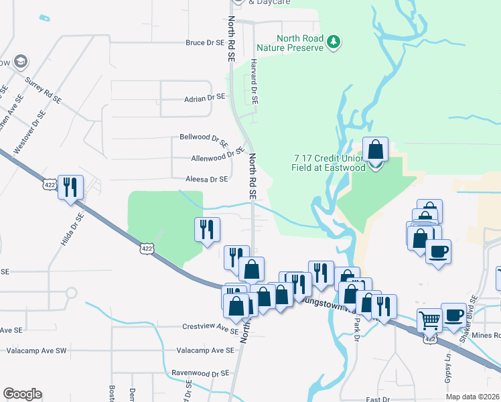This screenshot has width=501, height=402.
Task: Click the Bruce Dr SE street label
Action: point(204,42)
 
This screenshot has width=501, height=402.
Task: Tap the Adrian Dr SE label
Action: point(204,98)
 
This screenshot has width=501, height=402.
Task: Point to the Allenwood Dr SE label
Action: point(216,155)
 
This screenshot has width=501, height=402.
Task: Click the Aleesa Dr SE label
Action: point(207,180)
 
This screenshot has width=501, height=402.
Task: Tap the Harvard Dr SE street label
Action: point(255,80)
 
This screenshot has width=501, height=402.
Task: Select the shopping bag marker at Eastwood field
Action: point(375,151)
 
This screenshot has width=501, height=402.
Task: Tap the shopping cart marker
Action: point(429,320)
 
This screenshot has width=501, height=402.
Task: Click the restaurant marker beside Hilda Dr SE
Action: point(70,187)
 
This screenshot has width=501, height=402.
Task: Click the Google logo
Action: point(22,394)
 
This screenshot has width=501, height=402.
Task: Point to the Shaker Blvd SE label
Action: point(470,312)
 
